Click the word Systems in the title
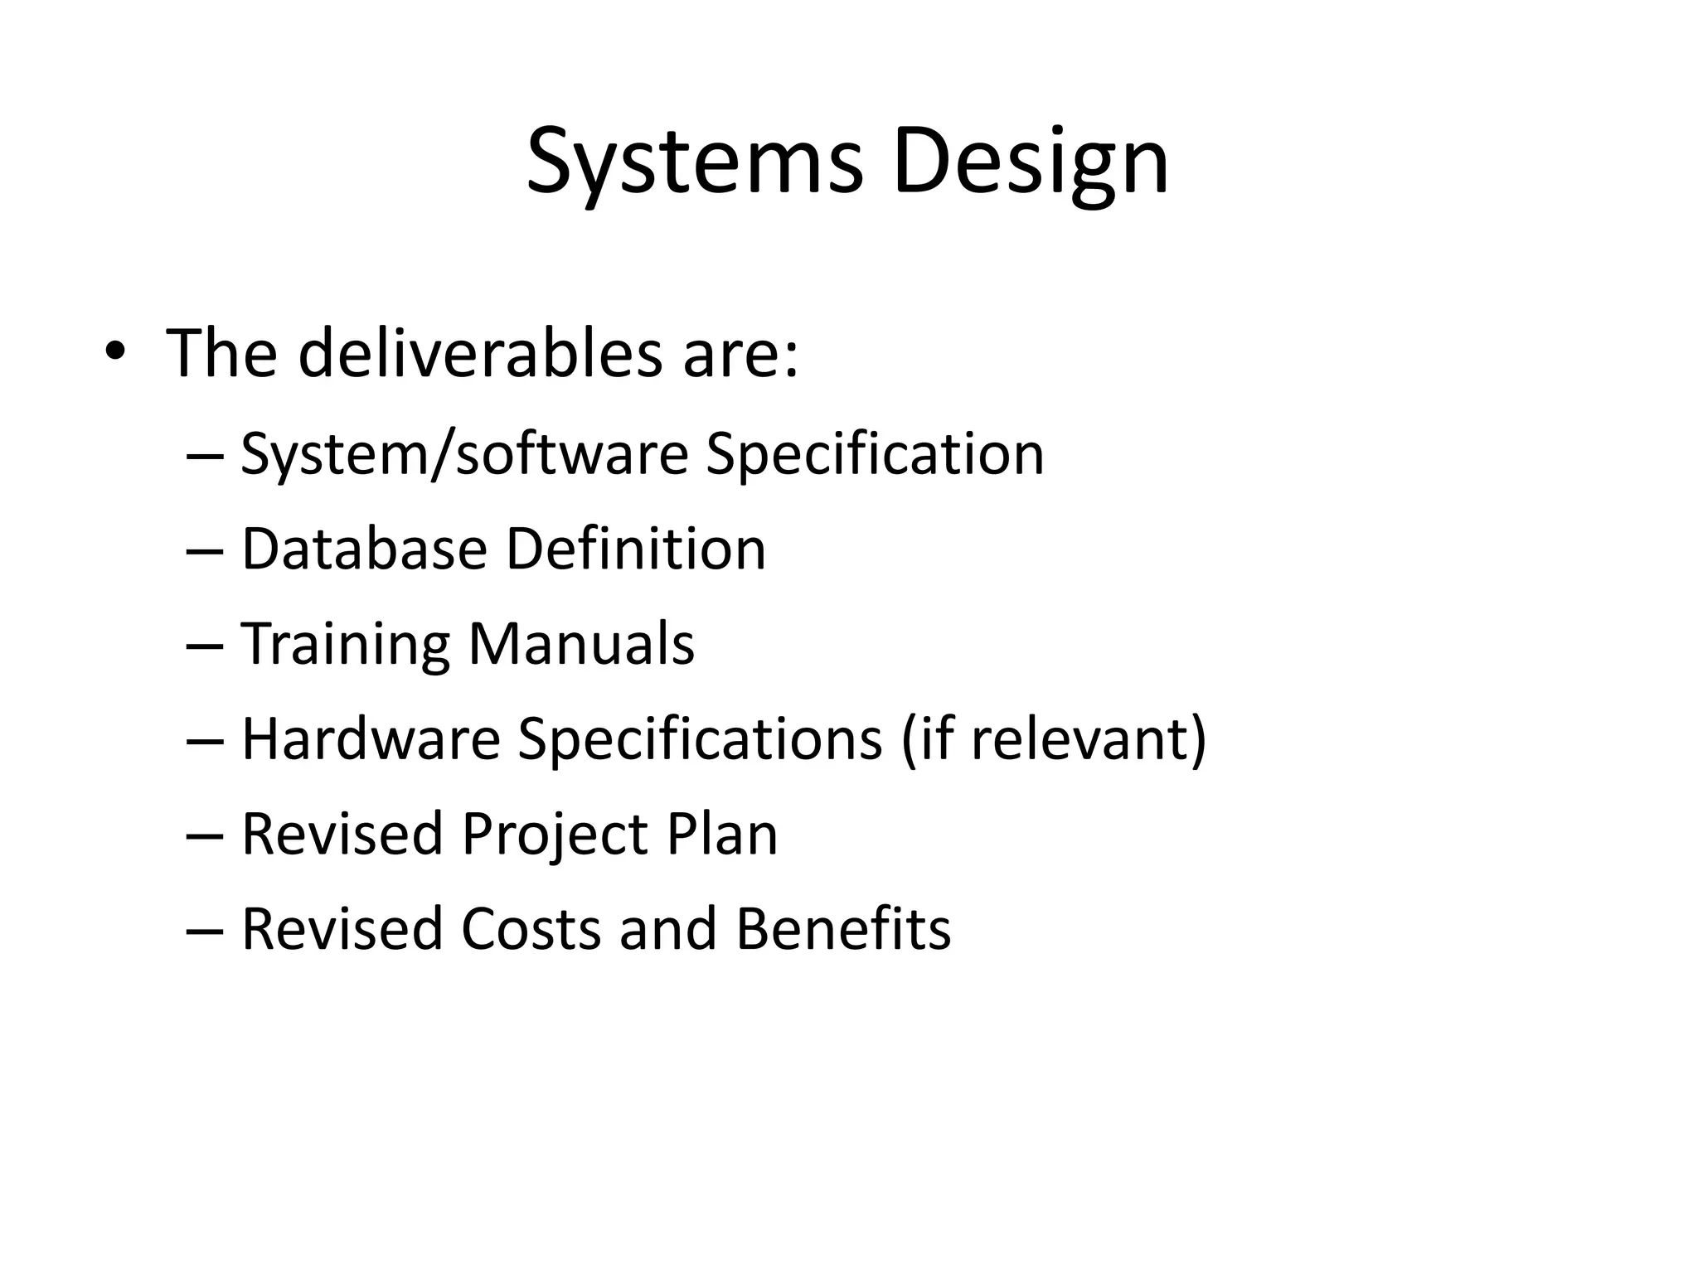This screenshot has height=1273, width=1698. coord(695,162)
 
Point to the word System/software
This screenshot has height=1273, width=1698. coord(464,455)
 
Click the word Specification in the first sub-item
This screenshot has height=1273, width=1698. coord(874,455)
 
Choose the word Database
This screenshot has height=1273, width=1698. coord(364,549)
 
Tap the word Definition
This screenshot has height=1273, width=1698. coord(636,549)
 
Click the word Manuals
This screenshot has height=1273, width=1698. coord(581,644)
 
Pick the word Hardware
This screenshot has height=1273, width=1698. coord(371,738)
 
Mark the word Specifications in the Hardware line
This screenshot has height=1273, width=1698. coord(700,740)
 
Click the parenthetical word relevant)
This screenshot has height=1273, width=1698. coord(1088,738)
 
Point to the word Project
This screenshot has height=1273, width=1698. coord(555,835)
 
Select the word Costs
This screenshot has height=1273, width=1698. coord(531,929)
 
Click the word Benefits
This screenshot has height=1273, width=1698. coord(843,929)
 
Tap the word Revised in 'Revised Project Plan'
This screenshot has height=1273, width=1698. coord(342,834)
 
